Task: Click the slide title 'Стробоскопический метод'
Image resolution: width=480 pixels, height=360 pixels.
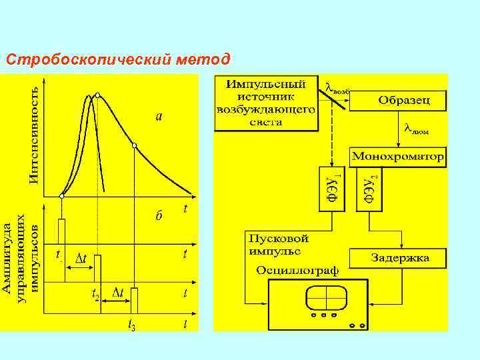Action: pyautogui.click(x=118, y=60)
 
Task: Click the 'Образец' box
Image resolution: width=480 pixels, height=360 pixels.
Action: pyautogui.click(x=404, y=101)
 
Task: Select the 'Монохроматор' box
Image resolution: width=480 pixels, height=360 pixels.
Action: pyautogui.click(x=398, y=158)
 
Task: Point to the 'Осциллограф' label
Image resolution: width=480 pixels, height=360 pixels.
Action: pyautogui.click(x=297, y=270)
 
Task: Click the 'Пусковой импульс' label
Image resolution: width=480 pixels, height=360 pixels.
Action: pyautogui.click(x=278, y=244)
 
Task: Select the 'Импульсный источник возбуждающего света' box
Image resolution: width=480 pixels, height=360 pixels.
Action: pyautogui.click(x=265, y=103)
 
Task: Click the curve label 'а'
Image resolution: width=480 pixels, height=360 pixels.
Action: pyautogui.click(x=158, y=117)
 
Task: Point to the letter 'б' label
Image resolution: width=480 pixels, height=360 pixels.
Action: pyautogui.click(x=158, y=215)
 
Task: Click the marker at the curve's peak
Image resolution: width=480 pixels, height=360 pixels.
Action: pyautogui.click(x=98, y=95)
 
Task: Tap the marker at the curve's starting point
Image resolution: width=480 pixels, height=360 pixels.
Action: pyautogui.click(x=61, y=196)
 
